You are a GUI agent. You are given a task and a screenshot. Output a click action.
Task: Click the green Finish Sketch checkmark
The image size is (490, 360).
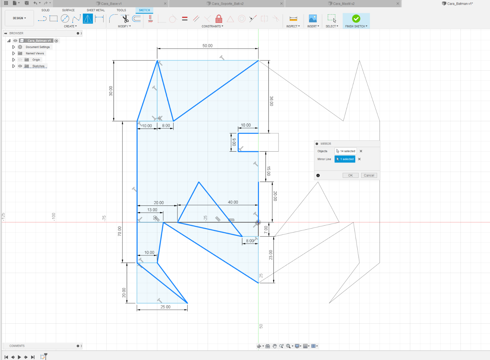coord(356,19)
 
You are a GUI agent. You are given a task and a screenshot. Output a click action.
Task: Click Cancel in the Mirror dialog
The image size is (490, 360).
coord(369,175)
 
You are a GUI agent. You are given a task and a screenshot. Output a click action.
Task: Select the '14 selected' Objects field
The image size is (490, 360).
coord(345,151)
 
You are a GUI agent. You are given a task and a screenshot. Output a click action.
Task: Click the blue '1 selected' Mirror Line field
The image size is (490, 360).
coord(345,159)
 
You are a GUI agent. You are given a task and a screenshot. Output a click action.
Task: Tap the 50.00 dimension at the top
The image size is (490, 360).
coord(207,45)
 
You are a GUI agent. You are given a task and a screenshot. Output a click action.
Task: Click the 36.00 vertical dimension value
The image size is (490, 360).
coord(271,101)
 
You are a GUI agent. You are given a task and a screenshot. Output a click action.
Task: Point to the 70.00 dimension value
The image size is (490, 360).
coord(120,231)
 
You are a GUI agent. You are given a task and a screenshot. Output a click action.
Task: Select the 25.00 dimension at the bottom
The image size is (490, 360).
coord(166,307)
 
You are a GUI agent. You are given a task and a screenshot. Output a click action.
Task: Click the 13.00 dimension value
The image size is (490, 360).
coord(152,210)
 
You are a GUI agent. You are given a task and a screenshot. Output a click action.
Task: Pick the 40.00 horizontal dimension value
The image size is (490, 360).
coord(233,202)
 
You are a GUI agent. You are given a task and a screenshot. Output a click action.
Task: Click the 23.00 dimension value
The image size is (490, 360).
coord(270,255)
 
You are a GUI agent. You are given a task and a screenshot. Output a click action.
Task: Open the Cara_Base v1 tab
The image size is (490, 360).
coord(111,4)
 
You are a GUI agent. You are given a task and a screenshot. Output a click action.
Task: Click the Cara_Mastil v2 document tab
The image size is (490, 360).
coord(344,4)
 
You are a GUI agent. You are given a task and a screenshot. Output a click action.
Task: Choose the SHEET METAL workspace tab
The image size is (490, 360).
coord(96,10)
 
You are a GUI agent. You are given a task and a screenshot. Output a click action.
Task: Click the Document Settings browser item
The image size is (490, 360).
coord(38,47)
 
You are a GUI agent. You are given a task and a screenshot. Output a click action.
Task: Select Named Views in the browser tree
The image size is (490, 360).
coord(35,53)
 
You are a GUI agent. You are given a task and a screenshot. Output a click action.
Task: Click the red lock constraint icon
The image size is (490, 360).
coord(219,19)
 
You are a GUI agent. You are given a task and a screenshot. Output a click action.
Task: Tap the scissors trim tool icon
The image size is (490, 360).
coord(125,19)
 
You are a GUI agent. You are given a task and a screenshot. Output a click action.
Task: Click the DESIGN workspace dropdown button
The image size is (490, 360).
coord(19,18)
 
